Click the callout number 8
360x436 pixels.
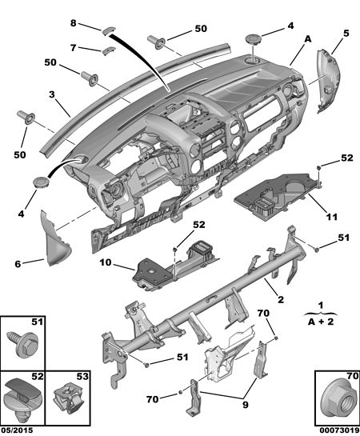(x=73, y=23)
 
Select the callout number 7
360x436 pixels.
(x=73, y=48)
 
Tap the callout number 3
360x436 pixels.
(x=52, y=94)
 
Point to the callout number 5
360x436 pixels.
(x=346, y=33)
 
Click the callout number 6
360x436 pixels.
(x=18, y=264)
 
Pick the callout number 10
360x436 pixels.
(x=106, y=262)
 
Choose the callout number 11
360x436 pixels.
(x=332, y=217)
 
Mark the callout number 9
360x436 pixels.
(x=245, y=405)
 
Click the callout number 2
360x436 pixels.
(x=281, y=299)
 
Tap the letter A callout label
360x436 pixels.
(x=308, y=39)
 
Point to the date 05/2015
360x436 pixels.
(x=17, y=430)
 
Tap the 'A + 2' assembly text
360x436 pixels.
(x=321, y=322)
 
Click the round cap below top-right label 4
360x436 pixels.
(x=253, y=39)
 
